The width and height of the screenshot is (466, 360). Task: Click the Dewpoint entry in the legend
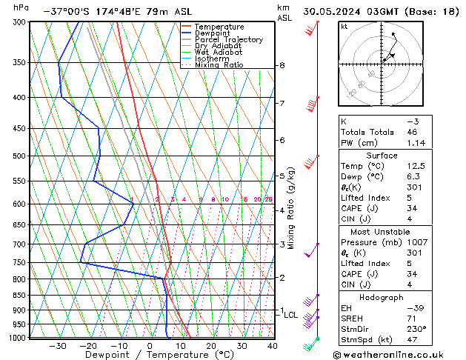[213, 33]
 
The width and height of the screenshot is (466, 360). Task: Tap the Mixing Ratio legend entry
[219, 65]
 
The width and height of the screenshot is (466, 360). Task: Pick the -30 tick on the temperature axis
[58, 345]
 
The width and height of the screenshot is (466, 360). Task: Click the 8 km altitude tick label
[282, 65]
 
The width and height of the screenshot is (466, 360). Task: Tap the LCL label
[290, 315]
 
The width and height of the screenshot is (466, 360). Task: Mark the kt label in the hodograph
[344, 27]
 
